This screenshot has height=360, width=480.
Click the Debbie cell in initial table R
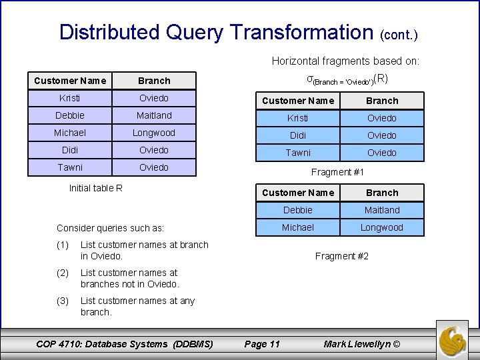70,115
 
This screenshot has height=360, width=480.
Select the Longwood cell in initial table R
154,133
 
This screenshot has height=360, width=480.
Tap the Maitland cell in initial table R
154,115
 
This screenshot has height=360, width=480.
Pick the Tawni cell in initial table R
70,167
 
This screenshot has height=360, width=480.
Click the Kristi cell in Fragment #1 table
298,118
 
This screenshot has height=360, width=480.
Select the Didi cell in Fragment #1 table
298,135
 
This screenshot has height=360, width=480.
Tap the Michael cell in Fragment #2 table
298,227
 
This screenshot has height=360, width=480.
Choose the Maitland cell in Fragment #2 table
382,210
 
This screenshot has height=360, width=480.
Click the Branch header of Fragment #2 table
382,193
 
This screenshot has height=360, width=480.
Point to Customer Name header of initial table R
70,81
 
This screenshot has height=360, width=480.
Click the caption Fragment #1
338,172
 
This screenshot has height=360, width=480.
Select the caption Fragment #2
342,256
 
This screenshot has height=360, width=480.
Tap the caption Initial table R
96,188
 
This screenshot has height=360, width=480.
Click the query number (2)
63,273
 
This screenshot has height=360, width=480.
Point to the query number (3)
63,301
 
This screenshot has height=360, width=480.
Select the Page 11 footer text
262,344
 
